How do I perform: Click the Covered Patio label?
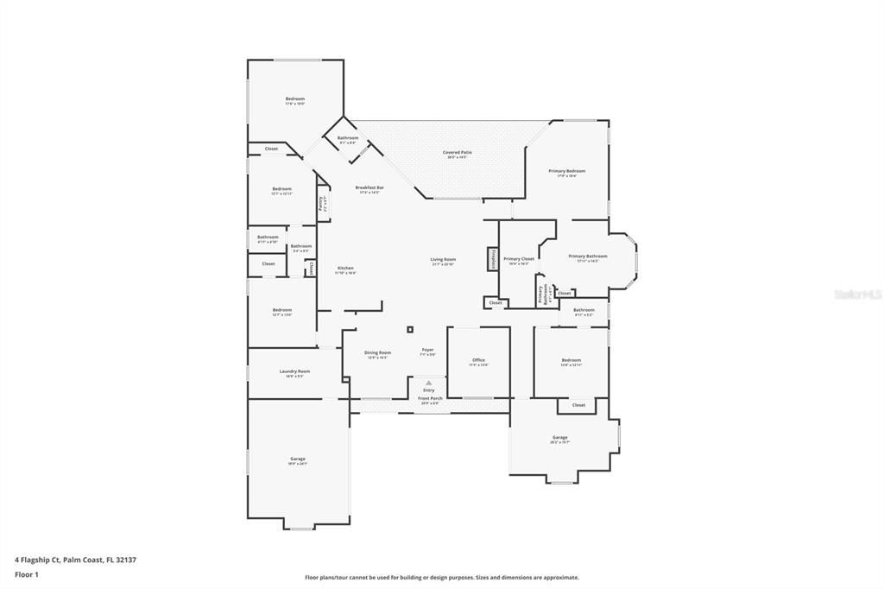click(458, 153)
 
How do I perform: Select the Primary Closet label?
click(519, 259)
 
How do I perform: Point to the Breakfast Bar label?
click(369, 188)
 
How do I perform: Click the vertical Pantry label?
click(320, 204)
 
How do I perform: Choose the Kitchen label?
click(345, 268)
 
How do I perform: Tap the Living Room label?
click(444, 259)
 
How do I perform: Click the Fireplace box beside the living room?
click(493, 259)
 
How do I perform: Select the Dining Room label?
click(377, 352)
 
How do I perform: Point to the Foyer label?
click(427, 350)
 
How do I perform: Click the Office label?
click(478, 360)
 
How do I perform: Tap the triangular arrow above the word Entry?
click(428, 382)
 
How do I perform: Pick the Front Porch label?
click(429, 399)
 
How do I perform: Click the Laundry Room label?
click(294, 371)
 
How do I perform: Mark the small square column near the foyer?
click(410, 329)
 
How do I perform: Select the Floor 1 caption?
click(27, 574)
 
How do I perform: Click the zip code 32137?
click(126, 560)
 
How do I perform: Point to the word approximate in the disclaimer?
click(559, 578)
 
